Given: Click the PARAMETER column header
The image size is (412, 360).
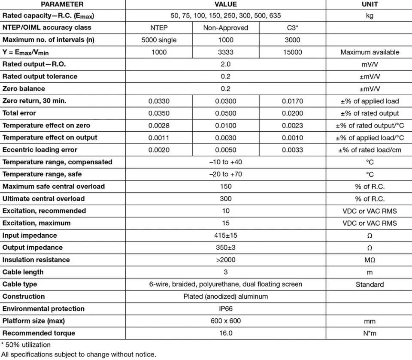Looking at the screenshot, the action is point(62,4).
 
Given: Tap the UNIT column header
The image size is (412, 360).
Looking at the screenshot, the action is point(370,4).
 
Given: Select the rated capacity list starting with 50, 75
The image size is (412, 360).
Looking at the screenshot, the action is point(226,16).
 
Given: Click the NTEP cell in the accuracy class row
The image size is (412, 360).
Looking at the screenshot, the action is point(159,28).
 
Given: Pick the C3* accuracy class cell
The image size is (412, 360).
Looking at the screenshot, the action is point(292,28).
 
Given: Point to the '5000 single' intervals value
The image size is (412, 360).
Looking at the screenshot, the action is point(159,40).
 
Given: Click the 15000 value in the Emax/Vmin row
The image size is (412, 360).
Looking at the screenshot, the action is point(292,52).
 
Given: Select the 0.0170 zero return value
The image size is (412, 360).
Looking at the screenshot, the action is point(292,101).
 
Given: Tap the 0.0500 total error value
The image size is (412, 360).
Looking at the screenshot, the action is point(226,113).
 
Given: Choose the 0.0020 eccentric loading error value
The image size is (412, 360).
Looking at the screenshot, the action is point(159,150).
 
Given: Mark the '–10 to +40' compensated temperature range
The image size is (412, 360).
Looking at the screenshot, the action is point(226,162).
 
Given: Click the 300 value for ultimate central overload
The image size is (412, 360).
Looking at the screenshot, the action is point(226,199).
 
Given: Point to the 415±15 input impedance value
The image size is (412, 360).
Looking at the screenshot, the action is point(226,236).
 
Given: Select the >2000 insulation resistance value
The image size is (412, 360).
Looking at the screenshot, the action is point(226,260).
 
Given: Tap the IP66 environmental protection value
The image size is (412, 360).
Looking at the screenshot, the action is point(226,309).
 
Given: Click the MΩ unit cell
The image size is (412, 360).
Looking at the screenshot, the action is point(370,260).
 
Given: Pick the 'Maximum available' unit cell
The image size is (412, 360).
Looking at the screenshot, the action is point(370,52).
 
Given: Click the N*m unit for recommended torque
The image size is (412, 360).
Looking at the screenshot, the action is point(370,333).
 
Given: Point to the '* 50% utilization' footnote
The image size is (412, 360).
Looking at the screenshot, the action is point(26,345).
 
